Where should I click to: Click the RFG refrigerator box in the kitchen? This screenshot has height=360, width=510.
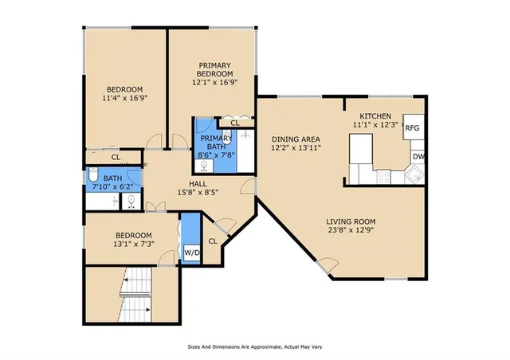(x=412, y=128)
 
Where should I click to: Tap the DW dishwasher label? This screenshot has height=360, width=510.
(x=418, y=156)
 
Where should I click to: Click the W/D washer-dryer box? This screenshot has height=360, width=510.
(x=192, y=253)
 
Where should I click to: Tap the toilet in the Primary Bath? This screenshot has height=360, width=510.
(x=205, y=166)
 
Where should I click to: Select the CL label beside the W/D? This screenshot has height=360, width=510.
(x=213, y=241)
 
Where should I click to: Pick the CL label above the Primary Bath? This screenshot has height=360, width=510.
(x=235, y=123)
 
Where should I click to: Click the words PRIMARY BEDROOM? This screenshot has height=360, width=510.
(x=215, y=69)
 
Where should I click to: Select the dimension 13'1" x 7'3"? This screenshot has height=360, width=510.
(x=133, y=245)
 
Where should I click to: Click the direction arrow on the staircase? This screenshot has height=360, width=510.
(x=124, y=282)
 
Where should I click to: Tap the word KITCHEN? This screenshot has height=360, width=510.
(x=375, y=115)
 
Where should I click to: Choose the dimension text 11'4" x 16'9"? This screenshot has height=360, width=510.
(x=125, y=98)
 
